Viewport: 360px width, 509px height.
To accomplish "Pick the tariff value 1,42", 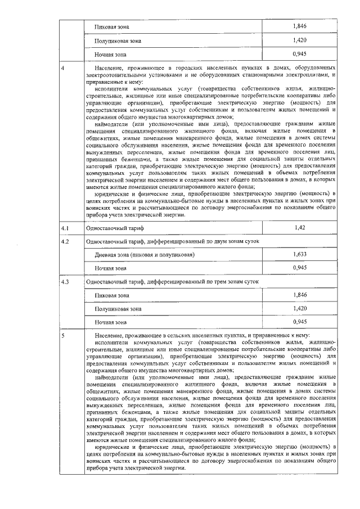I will point(299,228).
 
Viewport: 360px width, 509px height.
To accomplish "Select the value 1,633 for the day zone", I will point(299,255).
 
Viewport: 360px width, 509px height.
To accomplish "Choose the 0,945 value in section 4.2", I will point(299,268).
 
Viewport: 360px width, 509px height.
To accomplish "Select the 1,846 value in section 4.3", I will point(299,295).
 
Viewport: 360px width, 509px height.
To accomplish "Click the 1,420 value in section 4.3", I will point(299,308).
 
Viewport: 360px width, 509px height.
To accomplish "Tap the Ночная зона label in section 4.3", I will point(111,322).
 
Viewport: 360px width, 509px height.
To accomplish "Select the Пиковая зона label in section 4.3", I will point(112,295).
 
